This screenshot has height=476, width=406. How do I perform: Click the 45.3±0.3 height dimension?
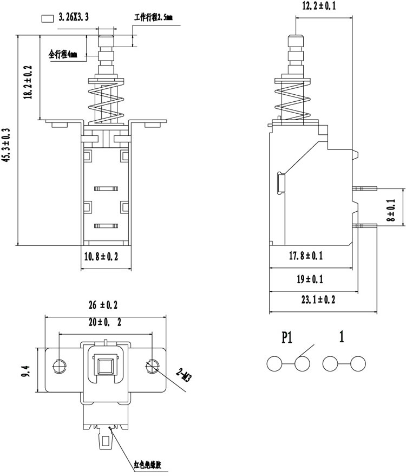pyautogui.click(x=6, y=145)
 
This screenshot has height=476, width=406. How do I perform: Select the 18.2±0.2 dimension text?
pyautogui.click(x=28, y=82)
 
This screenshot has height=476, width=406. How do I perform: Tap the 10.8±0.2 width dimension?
pyautogui.click(x=101, y=257)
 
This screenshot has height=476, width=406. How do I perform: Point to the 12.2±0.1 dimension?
pyautogui.click(x=319, y=6)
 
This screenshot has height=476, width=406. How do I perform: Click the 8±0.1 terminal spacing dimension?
pyautogui.click(x=391, y=210)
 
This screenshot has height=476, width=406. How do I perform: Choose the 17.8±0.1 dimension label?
pyautogui.click(x=306, y=256)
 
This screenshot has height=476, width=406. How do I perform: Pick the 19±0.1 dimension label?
pyautogui.click(x=310, y=279)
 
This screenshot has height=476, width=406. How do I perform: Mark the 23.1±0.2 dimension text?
pyautogui.click(x=318, y=299)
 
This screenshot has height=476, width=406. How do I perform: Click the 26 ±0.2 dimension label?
pyautogui.click(x=103, y=305)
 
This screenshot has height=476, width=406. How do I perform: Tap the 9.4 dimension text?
pyautogui.click(x=25, y=371)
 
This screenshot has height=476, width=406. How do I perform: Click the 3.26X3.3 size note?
pyautogui.click(x=74, y=17)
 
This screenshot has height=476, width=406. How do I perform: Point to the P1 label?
pyautogui.click(x=287, y=337)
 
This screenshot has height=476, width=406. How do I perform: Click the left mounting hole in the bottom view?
pyautogui.click(x=59, y=366)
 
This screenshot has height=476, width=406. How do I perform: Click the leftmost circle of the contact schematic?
pyautogui.click(x=274, y=363)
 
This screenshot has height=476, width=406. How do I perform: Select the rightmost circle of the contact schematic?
pyautogui.click(x=358, y=363)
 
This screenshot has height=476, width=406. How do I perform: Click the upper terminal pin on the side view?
pyautogui.click(x=364, y=188)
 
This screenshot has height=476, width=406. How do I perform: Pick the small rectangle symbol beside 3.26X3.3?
pyautogui.click(x=47, y=18)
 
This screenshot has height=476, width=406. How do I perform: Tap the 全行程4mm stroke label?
pyautogui.click(x=63, y=55)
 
